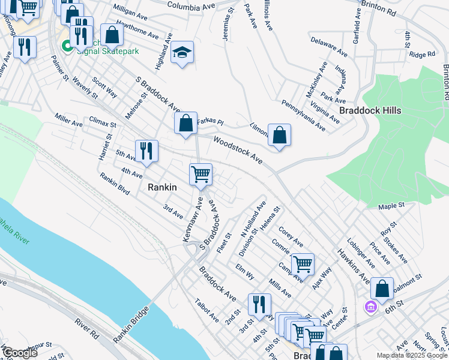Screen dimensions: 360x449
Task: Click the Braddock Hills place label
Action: [370, 111]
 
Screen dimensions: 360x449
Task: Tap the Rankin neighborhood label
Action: [162, 187]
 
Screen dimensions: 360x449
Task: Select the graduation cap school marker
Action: [182, 53]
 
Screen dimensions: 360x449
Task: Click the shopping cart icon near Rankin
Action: [200, 175]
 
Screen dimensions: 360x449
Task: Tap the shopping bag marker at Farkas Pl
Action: [186, 124]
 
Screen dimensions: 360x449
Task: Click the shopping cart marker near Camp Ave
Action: [303, 264]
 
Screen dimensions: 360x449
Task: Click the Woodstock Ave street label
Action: [238, 151]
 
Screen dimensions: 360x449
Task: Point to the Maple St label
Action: [393, 206]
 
